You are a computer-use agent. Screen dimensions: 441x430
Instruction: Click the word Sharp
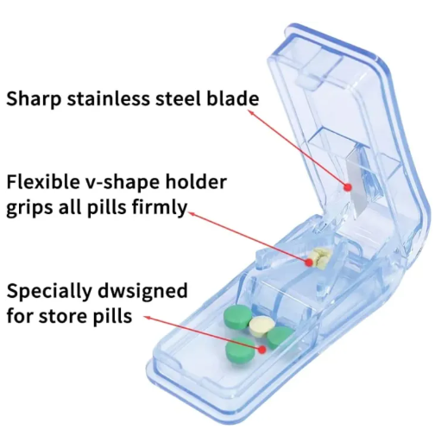pos(34,99)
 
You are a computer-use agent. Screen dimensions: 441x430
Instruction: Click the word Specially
pos(48,292)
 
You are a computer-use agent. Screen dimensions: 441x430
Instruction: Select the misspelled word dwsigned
pos(142,292)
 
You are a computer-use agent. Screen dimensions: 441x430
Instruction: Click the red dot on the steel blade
pos(348,187)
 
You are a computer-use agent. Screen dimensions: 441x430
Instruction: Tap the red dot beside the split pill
pos(309,262)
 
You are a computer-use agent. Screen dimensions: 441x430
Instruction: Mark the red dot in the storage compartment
pos(261,350)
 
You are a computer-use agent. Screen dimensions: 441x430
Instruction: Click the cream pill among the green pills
pos(261,326)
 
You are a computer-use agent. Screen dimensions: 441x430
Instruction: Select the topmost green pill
pos(237,316)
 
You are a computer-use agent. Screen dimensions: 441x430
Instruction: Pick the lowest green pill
pos(240,351)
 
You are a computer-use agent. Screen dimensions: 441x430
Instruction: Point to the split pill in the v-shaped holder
pos(320,256)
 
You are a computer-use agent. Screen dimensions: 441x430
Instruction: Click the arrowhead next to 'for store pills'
pos(147,318)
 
